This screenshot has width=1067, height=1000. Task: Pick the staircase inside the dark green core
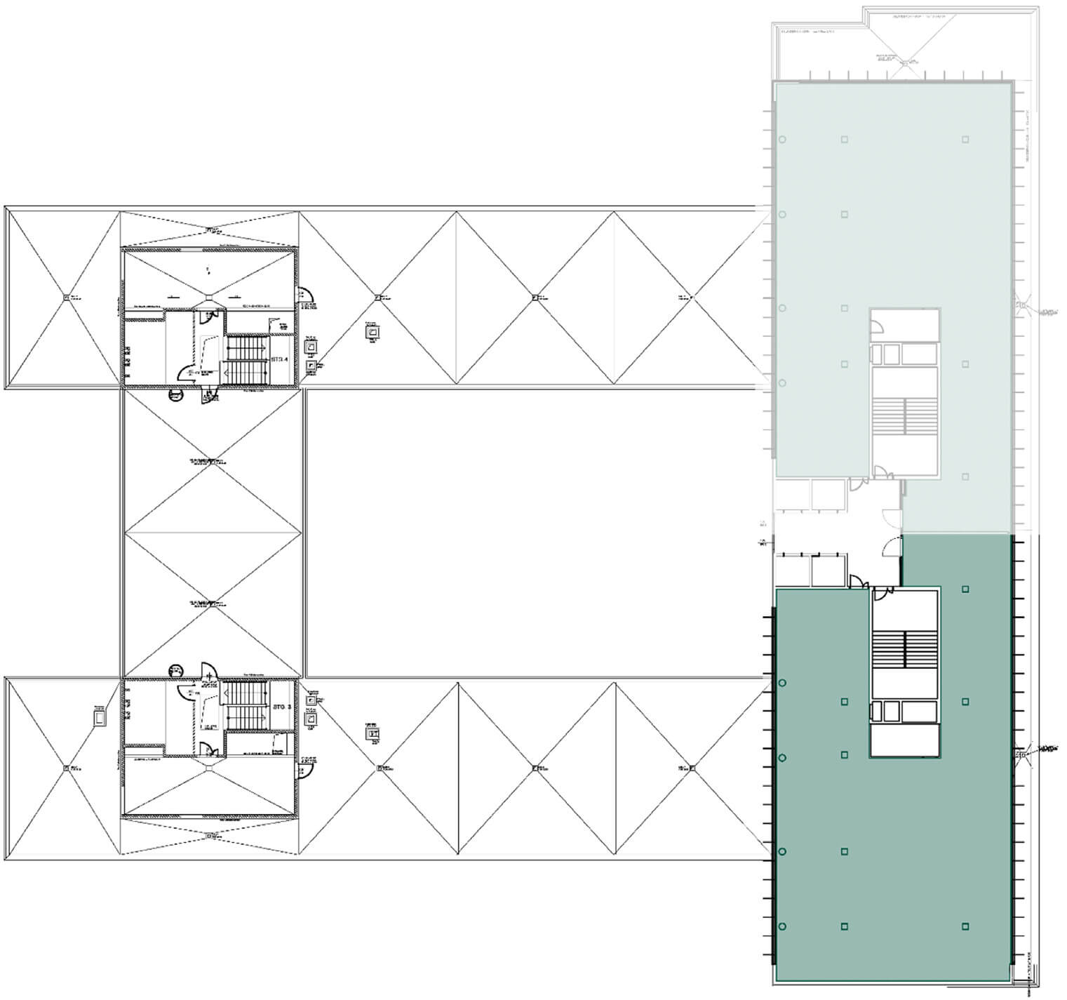[x=904, y=649]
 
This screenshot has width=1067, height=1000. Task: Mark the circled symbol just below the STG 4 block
[x=175, y=395]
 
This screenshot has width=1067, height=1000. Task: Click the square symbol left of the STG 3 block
[x=100, y=718]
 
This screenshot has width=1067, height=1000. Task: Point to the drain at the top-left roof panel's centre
[x=66, y=298]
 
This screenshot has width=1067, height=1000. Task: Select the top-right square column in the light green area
[x=965, y=140]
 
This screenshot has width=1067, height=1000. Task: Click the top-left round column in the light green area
[x=782, y=140]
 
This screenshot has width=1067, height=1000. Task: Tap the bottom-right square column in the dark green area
[x=965, y=926]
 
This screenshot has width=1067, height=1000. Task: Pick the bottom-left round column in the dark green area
[x=782, y=926]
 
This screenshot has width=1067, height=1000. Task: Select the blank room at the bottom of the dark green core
[x=904, y=740]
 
